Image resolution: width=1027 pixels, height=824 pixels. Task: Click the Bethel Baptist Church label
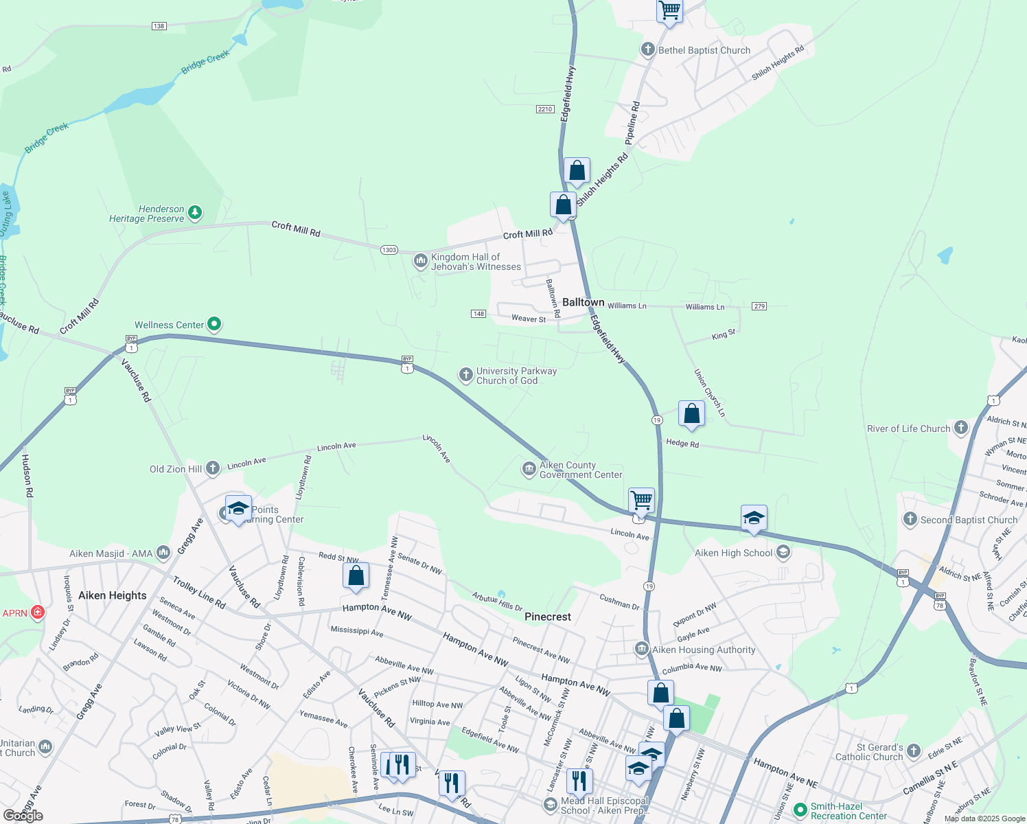[704, 50]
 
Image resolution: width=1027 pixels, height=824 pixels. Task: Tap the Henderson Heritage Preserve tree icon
[195, 213]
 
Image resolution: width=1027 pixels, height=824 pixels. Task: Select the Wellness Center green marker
[214, 324]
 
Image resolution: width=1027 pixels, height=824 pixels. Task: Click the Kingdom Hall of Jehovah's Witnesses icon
[421, 261]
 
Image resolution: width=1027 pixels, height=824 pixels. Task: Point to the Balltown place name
[583, 302]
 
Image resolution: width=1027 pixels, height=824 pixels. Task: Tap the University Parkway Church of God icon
[466, 375]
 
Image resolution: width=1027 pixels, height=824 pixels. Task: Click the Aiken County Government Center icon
[529, 469]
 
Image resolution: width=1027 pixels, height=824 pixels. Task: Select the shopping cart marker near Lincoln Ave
[641, 501]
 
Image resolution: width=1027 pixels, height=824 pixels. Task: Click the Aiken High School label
[733, 553]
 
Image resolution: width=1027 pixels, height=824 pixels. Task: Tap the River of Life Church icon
[961, 428]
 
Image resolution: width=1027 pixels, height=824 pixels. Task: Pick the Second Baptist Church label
[969, 520]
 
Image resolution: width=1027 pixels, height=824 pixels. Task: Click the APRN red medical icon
[37, 612]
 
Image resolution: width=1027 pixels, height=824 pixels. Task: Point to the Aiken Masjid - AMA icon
[163, 552]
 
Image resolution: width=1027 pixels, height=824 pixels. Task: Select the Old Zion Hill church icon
[213, 468]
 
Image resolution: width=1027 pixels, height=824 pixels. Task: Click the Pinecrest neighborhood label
[547, 617]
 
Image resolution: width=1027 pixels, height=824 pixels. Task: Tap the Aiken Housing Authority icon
[642, 649]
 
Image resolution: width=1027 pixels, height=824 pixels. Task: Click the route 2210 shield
[545, 109]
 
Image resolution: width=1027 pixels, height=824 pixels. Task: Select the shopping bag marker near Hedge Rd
[691, 413]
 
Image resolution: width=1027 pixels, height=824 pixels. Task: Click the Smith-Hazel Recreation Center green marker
[800, 810]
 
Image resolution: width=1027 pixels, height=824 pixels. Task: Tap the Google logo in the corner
[23, 815]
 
